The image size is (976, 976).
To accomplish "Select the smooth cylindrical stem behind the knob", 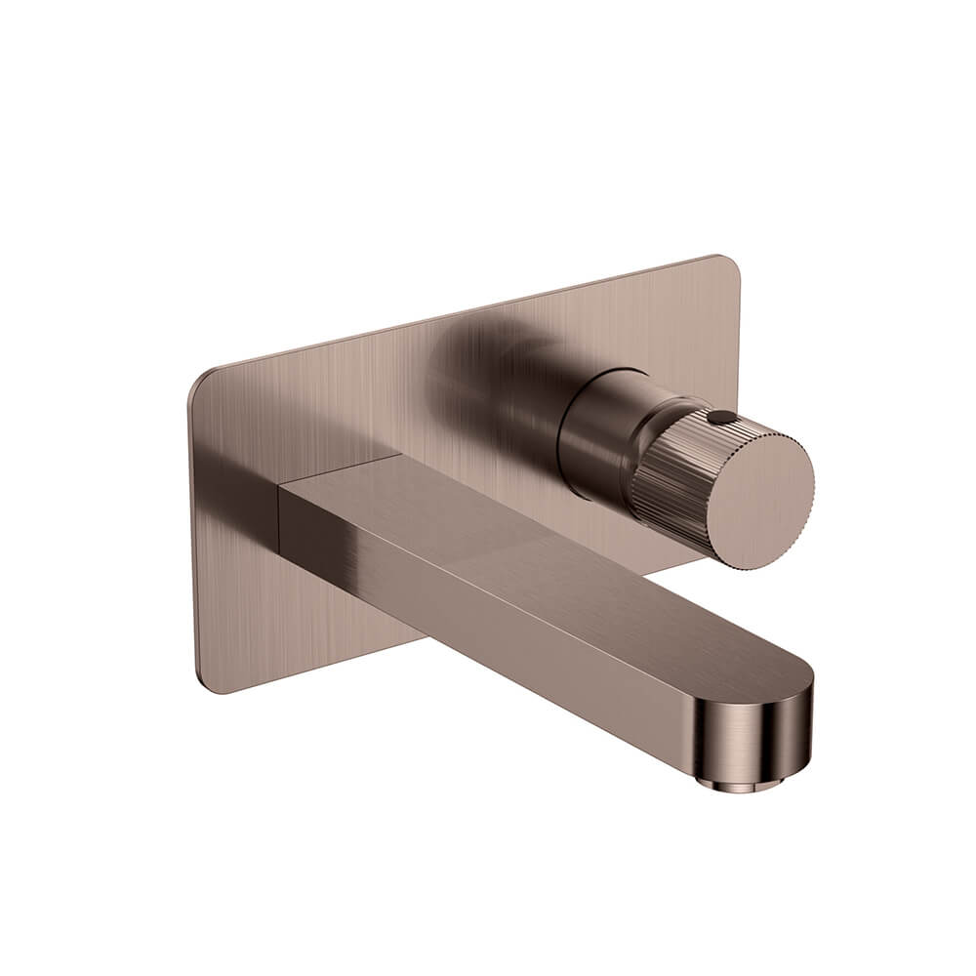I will pos(595,429).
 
